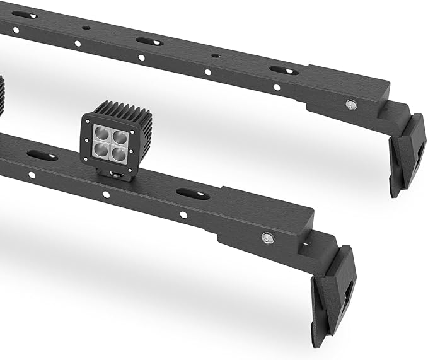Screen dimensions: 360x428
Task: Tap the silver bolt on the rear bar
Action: click(x=350, y=105)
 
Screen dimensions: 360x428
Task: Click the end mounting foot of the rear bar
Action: click(x=406, y=154)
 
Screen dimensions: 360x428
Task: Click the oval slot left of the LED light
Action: click(x=42, y=155)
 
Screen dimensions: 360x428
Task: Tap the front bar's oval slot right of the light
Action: click(x=192, y=194)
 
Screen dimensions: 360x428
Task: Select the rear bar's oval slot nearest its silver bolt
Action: click(x=284, y=70)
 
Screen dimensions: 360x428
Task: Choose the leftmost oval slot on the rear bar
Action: click(x=25, y=15)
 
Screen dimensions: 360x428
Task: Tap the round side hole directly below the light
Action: click(x=106, y=194)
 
